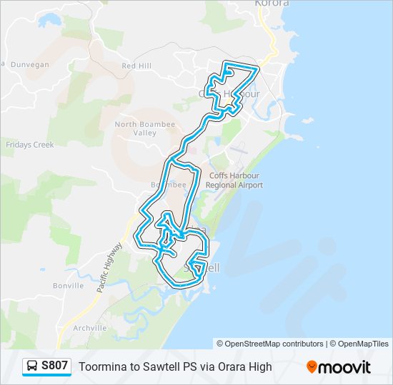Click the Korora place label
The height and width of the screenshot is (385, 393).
[x=272, y=4]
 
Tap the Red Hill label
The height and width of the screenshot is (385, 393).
[x=136, y=66]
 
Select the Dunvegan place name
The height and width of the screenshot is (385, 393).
[x=28, y=64]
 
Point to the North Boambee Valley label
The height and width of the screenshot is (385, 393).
[x=145, y=128]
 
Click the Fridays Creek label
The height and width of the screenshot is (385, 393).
[x=30, y=145]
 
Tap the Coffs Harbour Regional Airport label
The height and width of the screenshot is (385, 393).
[x=234, y=180]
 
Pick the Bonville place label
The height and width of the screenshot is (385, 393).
[x=68, y=285]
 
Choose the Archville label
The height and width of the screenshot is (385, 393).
[x=89, y=328]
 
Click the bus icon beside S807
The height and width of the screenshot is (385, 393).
[x=32, y=366]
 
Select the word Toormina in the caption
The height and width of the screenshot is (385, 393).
[x=101, y=367]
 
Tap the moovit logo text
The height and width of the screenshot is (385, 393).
[x=345, y=367]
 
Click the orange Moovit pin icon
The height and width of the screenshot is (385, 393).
[x=312, y=367]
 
